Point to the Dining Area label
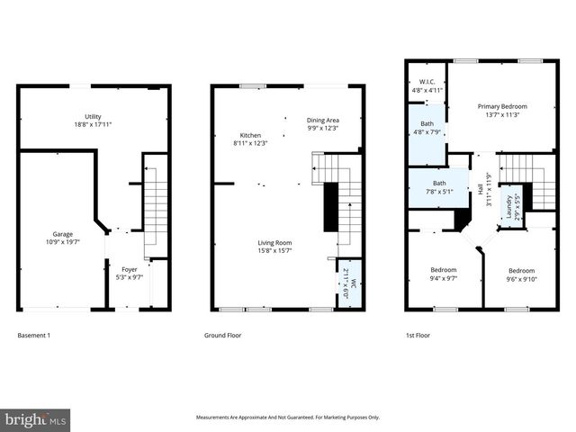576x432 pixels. click(322, 120)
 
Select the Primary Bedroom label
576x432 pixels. click(501, 106)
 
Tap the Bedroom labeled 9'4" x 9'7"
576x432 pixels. click(442, 270)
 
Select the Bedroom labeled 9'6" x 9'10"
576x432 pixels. click(521, 271)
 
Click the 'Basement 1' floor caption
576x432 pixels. click(34, 335)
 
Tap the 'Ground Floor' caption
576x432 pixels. click(223, 335)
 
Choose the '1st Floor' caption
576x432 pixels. click(418, 335)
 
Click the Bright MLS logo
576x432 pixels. click(35, 418)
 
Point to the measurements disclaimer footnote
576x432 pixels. click(288, 418)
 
